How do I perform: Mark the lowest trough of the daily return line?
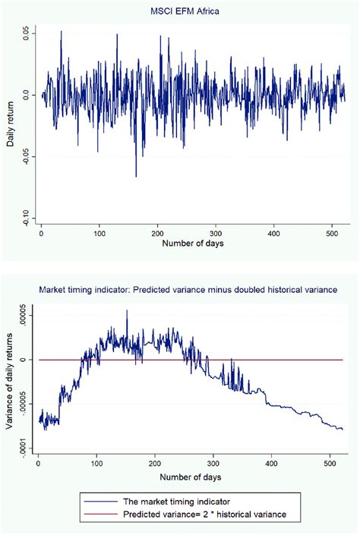137,177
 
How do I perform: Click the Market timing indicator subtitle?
196,288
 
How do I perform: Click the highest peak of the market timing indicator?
127,310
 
